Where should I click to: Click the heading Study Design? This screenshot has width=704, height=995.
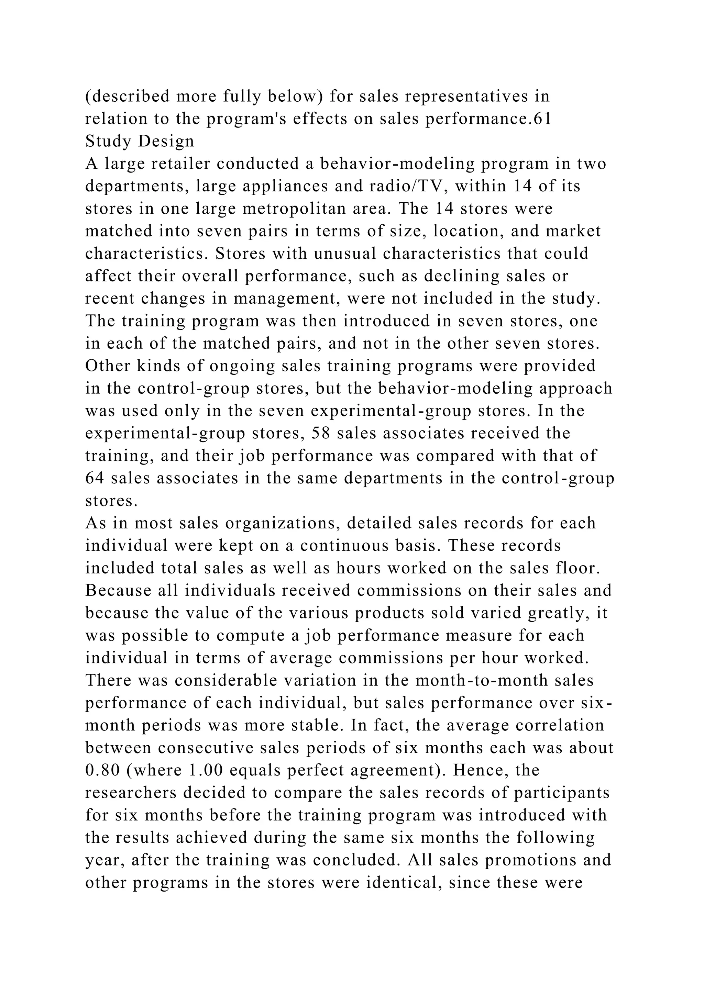pyautogui.click(x=140, y=141)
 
